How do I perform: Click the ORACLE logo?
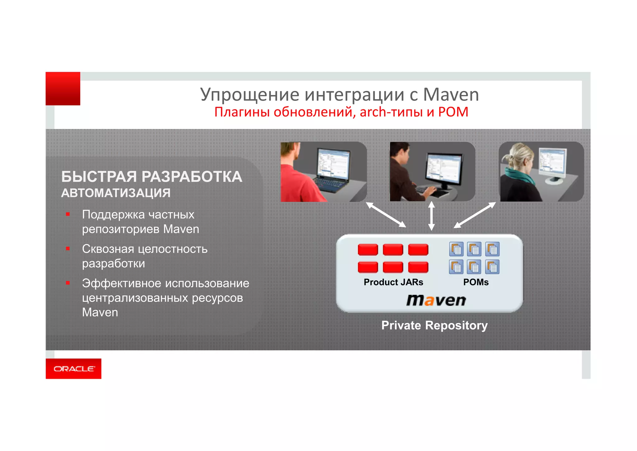[74, 369]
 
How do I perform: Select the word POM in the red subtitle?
[453, 112]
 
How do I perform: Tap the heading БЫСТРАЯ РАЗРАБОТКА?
[151, 177]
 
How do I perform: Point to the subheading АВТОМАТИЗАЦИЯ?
[116, 193]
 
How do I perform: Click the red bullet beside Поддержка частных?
[68, 214]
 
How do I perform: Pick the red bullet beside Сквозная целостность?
[68, 249]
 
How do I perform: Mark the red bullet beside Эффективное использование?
[68, 283]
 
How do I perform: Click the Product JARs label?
[393, 282]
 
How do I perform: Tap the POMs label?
[476, 282]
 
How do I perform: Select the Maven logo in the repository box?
[436, 300]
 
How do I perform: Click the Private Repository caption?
[435, 325]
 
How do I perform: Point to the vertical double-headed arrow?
[431, 216]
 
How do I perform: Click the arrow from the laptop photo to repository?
[386, 215]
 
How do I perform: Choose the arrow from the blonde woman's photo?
[475, 215]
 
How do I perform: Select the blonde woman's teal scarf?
[518, 178]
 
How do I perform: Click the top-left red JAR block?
[368, 249]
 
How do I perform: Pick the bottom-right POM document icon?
[492, 267]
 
